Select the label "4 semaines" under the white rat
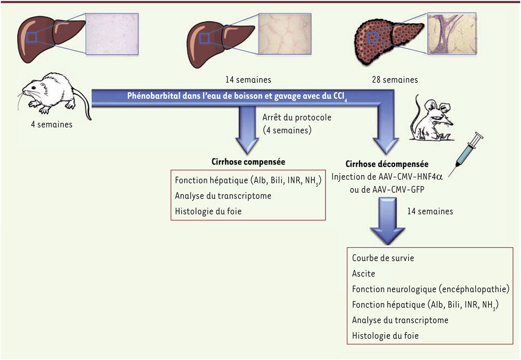[51, 124]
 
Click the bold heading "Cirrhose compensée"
[248, 162]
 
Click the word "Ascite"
[363, 274]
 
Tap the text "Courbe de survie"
[383, 258]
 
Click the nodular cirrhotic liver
[389, 40]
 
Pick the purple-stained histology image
[453, 34]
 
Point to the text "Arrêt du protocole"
[297, 117]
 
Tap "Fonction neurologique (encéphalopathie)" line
[431, 289]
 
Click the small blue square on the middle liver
[205, 38]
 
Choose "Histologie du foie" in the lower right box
[385, 335]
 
